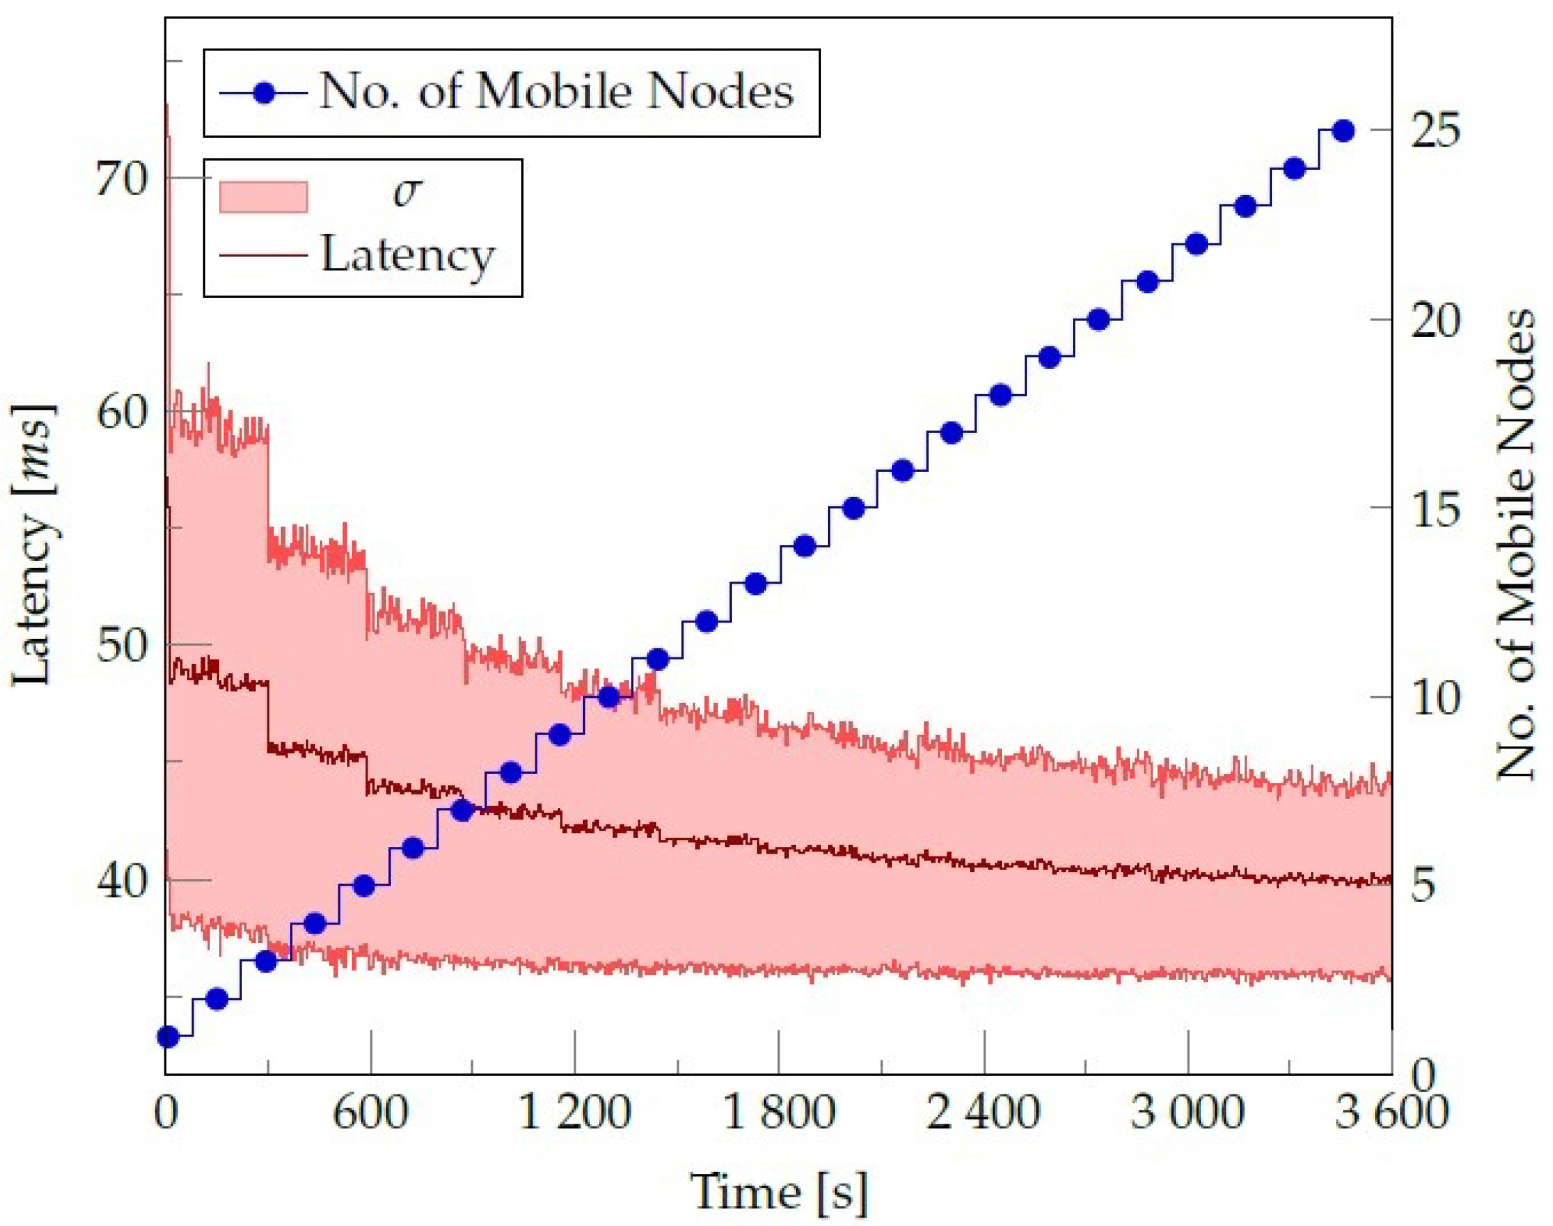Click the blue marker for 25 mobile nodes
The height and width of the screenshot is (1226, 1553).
tap(1343, 131)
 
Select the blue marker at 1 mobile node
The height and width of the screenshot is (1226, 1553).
tap(167, 1036)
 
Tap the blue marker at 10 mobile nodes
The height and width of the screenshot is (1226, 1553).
tap(608, 697)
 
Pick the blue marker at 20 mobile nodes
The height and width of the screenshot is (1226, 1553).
tap(1099, 319)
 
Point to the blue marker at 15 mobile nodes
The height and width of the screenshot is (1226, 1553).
tap(853, 508)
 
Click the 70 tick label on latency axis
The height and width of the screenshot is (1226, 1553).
tap(121, 179)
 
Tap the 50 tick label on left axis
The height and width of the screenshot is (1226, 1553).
tap(121, 645)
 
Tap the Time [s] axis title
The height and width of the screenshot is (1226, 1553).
tap(778, 1191)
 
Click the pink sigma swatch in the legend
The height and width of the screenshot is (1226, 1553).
tap(263, 196)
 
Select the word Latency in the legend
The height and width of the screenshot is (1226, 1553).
tap(407, 256)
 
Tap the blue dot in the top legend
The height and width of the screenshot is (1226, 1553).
tap(264, 93)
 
